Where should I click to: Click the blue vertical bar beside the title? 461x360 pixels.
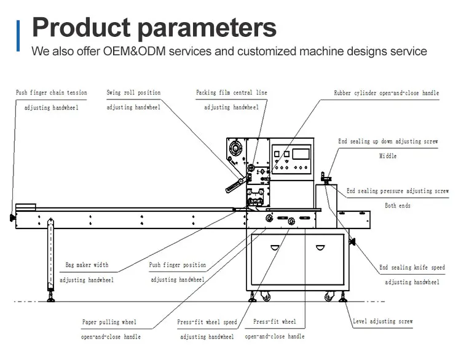[18, 36]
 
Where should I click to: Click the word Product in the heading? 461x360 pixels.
[81, 27]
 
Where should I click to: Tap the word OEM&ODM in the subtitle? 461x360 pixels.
[135, 51]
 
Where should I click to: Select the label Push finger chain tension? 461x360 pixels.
[52, 93]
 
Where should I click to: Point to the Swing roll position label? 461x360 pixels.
[133, 93]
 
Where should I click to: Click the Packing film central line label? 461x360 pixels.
[232, 93]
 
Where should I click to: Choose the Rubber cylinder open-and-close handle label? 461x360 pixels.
[387, 93]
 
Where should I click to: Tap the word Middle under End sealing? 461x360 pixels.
[388, 156]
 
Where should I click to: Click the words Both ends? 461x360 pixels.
[398, 205]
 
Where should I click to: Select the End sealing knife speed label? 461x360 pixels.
[412, 267]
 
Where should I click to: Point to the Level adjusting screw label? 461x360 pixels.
[383, 321]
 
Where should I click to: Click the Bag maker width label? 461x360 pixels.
[87, 265]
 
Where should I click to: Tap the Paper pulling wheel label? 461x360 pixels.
[109, 322]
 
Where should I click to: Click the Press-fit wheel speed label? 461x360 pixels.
[207, 322]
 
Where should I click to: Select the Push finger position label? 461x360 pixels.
[177, 265]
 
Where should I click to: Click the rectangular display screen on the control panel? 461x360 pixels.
[301, 154]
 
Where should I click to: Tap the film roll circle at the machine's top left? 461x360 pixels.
[235, 147]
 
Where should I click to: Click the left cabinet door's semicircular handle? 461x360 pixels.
[275, 248]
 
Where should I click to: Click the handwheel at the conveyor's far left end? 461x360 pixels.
[12, 217]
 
